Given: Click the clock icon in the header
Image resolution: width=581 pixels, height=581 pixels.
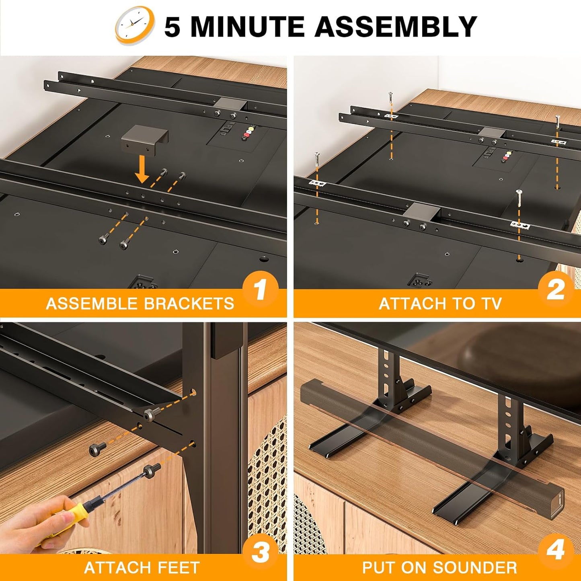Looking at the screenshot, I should [x=135, y=26].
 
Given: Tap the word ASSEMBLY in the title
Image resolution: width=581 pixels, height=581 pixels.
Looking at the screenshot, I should [x=396, y=27].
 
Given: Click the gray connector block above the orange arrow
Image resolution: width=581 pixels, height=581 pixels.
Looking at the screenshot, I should [x=144, y=139].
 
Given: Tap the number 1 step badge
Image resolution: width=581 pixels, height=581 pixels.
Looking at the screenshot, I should [x=260, y=290].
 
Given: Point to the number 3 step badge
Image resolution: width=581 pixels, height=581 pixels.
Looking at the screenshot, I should [x=260, y=552].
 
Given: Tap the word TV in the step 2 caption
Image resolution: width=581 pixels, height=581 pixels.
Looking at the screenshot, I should [x=491, y=304].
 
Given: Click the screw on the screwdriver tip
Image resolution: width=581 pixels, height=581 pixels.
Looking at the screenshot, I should [x=152, y=470].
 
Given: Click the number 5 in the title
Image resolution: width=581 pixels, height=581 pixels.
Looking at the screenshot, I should [x=172, y=27].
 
